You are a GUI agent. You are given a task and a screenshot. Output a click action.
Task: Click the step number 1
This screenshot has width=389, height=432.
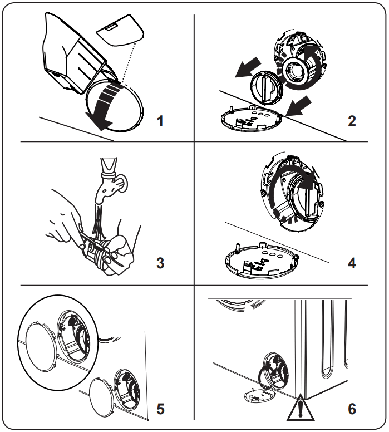(x=161, y=121)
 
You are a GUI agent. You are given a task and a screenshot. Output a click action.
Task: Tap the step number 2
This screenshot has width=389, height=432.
(x=351, y=121)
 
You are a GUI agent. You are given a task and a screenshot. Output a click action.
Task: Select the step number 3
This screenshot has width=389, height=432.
(x=161, y=262)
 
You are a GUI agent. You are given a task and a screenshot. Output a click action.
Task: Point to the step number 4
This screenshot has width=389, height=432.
(x=351, y=262)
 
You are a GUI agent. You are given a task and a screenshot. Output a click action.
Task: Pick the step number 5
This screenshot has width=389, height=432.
(x=161, y=409)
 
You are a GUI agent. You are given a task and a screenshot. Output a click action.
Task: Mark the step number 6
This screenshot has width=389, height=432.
(x=351, y=409)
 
